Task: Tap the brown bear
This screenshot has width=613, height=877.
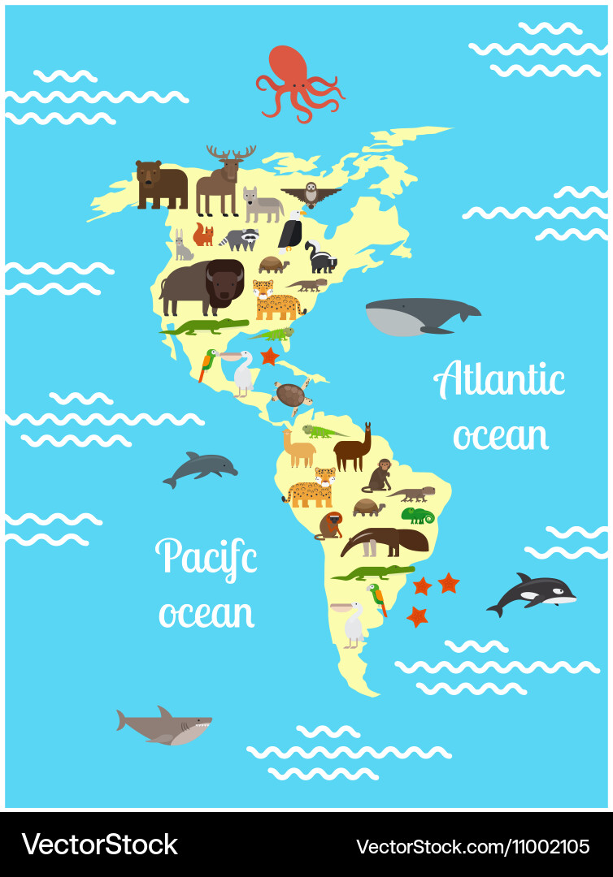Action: (x=160, y=184)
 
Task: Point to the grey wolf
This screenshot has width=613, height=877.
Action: (x=262, y=205)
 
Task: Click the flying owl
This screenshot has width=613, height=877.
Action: (x=311, y=194)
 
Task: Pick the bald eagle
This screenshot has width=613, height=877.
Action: (x=291, y=231)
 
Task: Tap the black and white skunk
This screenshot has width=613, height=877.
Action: (x=321, y=257)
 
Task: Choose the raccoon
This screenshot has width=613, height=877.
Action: (x=242, y=239)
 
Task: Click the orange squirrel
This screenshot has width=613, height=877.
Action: (x=203, y=235)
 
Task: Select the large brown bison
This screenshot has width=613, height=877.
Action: (x=202, y=287)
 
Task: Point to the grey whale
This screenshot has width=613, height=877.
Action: (x=419, y=315)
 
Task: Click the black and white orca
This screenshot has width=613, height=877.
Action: (x=532, y=594)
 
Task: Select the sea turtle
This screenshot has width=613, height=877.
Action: (x=291, y=395)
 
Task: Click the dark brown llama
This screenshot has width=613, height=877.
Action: (x=353, y=450)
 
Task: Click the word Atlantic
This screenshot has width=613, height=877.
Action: (x=499, y=381)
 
